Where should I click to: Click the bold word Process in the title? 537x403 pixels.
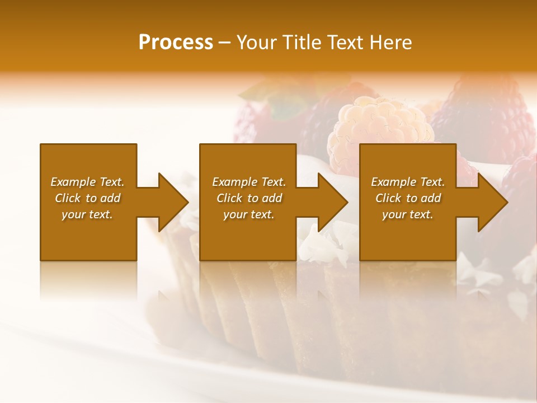click(176, 43)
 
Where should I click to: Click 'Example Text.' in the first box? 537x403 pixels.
click(88, 182)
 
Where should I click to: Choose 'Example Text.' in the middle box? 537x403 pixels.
click(249, 182)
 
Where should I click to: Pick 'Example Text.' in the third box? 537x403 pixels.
click(408, 182)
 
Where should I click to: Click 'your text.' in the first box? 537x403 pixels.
click(88, 214)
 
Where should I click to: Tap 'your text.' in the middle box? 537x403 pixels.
click(249, 214)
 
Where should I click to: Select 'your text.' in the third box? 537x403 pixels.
click(408, 214)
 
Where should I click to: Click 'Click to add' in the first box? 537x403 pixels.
click(88, 198)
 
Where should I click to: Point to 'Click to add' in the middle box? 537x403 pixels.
click(249, 198)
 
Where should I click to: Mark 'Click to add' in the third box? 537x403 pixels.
click(408, 198)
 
